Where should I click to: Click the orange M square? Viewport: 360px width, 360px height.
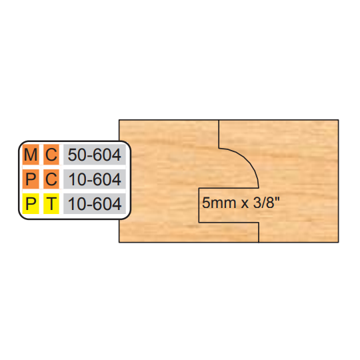click(31, 154)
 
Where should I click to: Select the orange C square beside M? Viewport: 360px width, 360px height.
click(51, 154)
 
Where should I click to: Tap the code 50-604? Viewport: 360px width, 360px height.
click(95, 155)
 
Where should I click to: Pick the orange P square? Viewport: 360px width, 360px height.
click(31, 179)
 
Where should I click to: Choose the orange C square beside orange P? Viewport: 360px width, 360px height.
click(51, 179)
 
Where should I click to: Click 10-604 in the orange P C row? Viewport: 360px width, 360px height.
click(95, 179)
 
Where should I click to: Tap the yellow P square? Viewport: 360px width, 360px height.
click(31, 203)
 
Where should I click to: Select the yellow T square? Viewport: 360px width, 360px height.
click(51, 203)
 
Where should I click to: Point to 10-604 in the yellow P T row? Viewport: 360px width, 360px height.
click(95, 204)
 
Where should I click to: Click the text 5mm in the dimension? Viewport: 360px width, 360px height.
click(216, 203)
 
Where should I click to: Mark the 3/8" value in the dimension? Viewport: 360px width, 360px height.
click(267, 203)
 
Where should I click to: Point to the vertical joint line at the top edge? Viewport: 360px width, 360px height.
click(219, 134)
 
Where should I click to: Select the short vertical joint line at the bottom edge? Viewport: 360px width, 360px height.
click(259, 232)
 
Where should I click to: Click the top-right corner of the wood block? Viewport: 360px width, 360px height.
click(339, 120)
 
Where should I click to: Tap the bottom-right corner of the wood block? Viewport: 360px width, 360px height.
click(339, 242)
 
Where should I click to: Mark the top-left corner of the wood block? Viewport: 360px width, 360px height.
click(119, 120)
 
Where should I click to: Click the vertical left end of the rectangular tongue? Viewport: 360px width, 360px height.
click(199, 205)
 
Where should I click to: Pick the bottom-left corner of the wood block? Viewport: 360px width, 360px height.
click(119, 242)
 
